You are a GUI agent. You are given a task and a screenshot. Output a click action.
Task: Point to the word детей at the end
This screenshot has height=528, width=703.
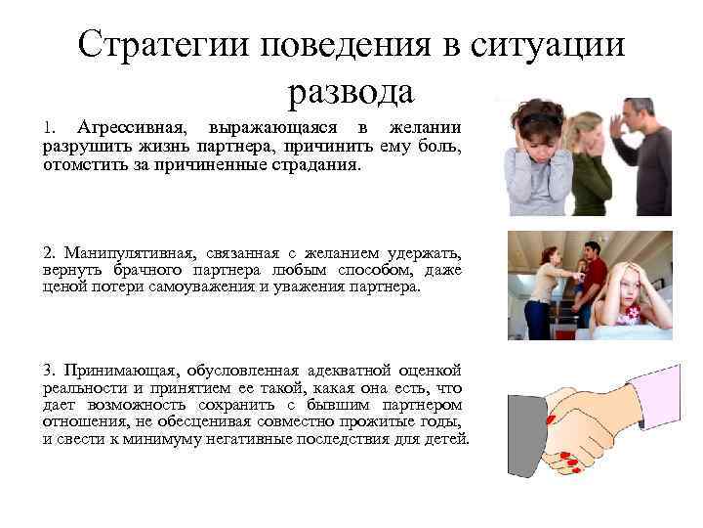[446, 439]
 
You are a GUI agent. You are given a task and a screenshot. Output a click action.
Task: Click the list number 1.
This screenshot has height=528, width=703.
[49, 128]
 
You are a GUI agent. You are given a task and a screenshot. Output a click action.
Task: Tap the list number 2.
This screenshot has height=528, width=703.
[49, 252]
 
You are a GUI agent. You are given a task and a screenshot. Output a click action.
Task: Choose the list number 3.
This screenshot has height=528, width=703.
[49, 369]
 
